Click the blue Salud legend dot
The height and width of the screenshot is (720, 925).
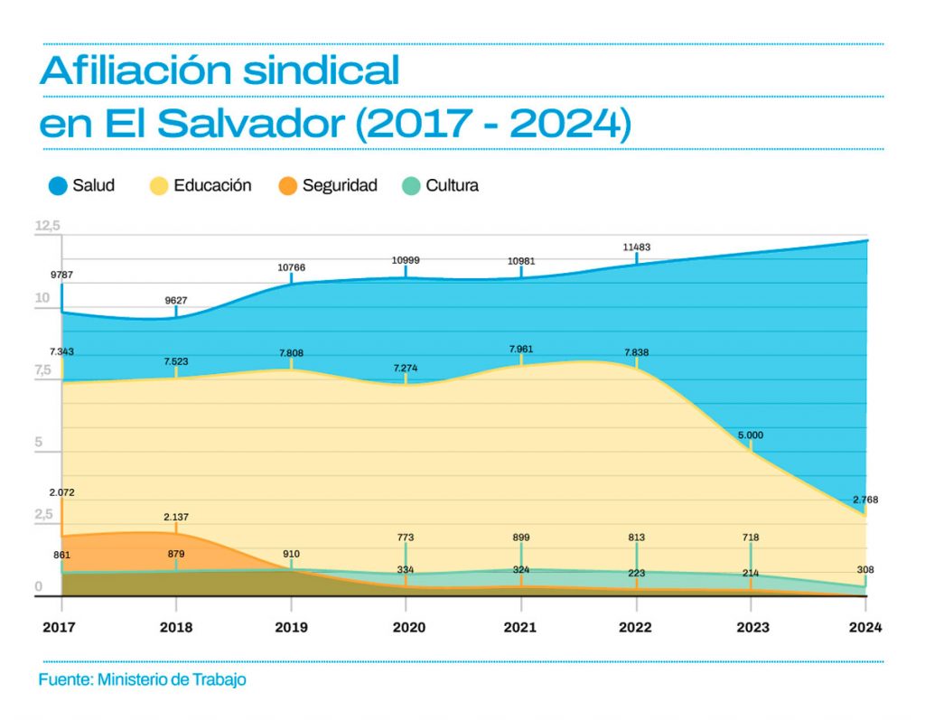58,186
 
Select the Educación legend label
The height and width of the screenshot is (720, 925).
212,185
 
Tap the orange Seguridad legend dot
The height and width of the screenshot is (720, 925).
287,186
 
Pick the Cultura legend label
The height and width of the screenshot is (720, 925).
452,185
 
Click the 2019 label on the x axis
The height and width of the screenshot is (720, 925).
291,627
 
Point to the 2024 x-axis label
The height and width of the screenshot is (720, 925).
864,627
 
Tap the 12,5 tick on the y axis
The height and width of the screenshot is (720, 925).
48,226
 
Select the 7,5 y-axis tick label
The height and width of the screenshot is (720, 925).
43,370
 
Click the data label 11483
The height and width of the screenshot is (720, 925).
637,248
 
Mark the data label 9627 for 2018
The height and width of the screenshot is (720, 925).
176,301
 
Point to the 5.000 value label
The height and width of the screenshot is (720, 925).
751,435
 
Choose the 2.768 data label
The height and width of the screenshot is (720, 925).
865,500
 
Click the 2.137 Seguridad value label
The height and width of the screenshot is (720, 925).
176,517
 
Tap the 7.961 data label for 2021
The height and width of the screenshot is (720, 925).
521,350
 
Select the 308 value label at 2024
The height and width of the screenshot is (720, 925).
865,569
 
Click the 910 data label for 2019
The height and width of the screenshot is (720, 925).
291,554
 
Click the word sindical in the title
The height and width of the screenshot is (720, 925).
321,70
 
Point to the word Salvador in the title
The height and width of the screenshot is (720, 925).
251,124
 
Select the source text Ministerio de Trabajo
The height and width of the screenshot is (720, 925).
172,680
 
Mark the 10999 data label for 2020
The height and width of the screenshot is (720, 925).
406,260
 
